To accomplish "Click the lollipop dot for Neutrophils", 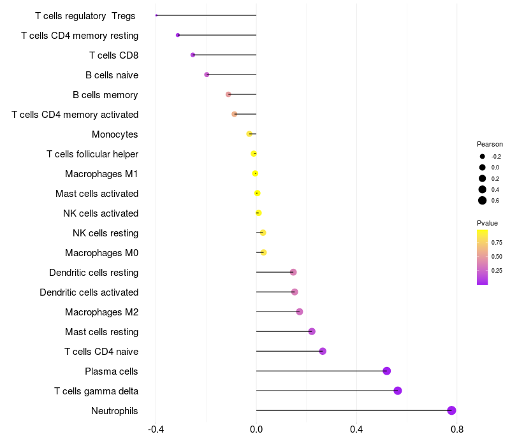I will [451, 410].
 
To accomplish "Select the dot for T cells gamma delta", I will [398, 391].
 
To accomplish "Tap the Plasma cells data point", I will [386, 371].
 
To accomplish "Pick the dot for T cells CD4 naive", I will [323, 351].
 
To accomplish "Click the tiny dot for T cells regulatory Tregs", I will [156, 15].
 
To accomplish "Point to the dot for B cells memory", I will [228, 94].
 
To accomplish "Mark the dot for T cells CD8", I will [193, 55].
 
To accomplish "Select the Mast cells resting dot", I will [312, 331].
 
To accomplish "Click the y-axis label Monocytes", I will [115, 134].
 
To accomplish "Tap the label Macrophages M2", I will [101, 312].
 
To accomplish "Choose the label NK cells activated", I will [101, 213].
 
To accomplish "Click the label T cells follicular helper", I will [92, 154].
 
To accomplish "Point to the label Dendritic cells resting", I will [94, 273].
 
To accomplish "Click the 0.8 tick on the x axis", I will [456, 429].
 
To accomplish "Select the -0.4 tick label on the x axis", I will [156, 429].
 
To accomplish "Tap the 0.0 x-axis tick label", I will [256, 429].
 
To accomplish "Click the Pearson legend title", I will [490, 144].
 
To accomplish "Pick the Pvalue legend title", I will [487, 223].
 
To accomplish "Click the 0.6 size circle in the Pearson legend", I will [483, 201].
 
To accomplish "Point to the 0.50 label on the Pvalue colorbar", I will [497, 256].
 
